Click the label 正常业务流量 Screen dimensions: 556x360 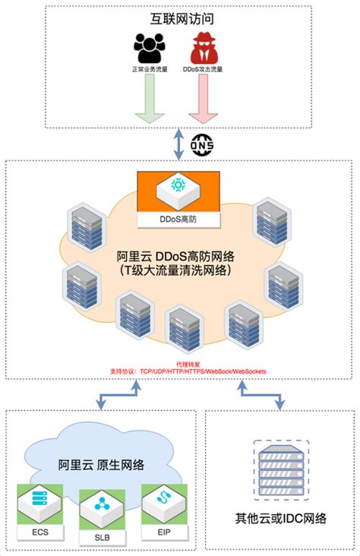pos(150,70)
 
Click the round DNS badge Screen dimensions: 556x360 pos(202,144)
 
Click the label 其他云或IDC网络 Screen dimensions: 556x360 pos(281,519)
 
